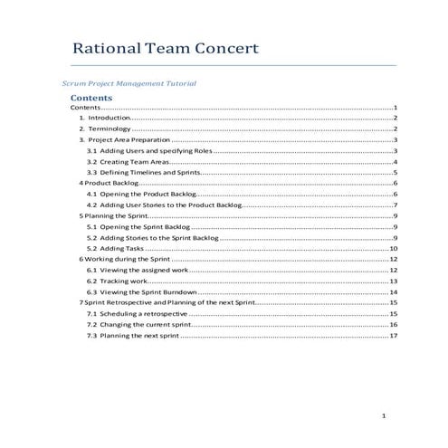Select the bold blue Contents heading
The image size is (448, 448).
[x=91, y=97]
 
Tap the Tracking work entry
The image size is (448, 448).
[x=121, y=281]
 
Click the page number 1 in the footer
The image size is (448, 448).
[x=385, y=415]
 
